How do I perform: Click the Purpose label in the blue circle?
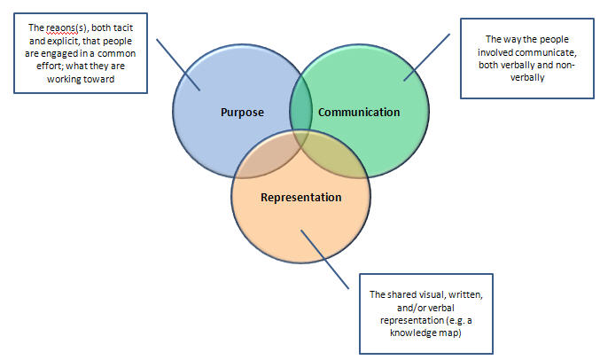(241, 113)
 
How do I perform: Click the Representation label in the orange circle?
(300, 196)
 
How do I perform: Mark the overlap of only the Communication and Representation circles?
(340, 160)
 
